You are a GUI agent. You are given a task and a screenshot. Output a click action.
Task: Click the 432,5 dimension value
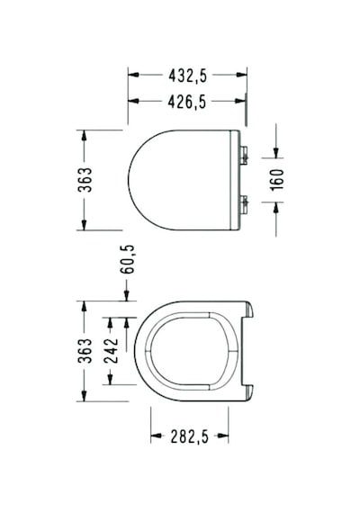point(188,76)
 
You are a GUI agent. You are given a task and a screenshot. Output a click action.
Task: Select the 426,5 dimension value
point(187,102)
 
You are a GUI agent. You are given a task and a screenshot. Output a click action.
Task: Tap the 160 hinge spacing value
point(276,179)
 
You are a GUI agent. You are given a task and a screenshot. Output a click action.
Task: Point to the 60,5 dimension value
point(127,259)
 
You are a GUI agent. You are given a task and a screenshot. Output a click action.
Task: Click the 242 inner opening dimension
point(111,351)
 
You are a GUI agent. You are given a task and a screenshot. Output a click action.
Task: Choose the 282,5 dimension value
point(189,436)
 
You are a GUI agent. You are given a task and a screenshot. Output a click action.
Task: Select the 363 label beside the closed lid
point(85,180)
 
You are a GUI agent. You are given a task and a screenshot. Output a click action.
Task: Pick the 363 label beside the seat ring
point(85,351)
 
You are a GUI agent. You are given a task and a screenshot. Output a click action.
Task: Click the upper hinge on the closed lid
point(244,156)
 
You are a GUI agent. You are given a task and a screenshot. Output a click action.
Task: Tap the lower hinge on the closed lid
point(244,205)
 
